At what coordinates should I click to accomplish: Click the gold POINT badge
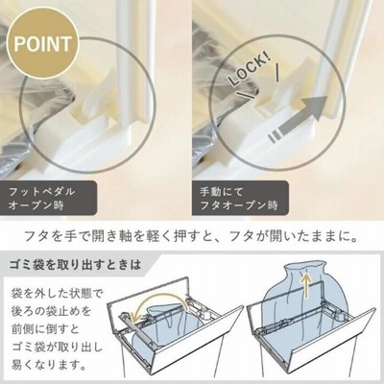[43, 45]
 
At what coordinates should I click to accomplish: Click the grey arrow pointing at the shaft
[298, 118]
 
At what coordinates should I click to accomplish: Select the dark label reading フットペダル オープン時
[48, 199]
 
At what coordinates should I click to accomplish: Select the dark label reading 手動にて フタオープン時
[240, 199]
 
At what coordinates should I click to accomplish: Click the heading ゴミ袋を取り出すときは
[75, 265]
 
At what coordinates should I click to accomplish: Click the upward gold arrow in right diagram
[307, 285]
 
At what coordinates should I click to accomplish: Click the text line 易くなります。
[49, 365]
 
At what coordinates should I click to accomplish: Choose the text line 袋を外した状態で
[57, 293]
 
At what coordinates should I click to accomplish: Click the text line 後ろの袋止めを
[51, 311]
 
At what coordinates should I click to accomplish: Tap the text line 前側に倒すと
[45, 329]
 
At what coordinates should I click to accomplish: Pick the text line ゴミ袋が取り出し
[57, 347]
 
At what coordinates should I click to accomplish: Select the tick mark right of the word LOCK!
[277, 72]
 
